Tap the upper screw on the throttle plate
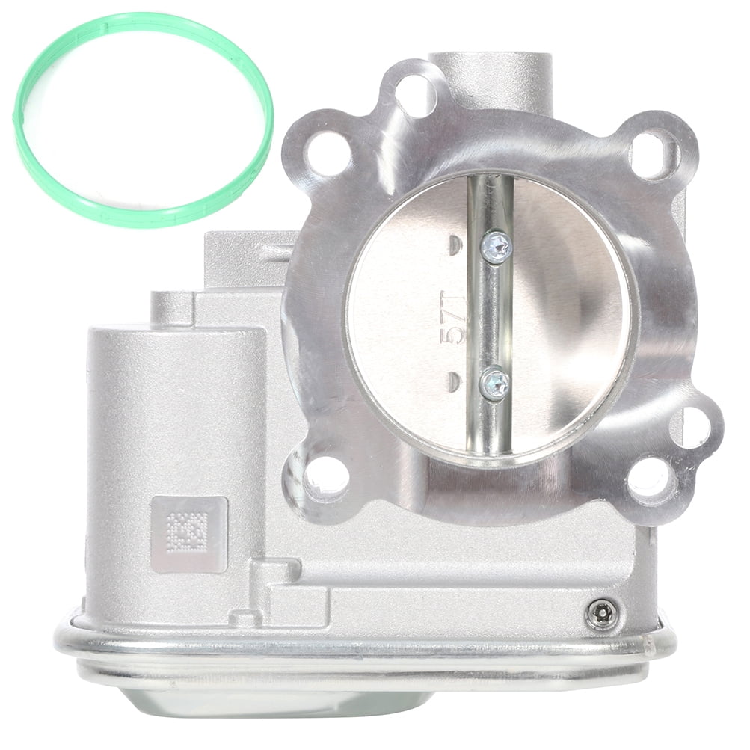(x=496, y=246)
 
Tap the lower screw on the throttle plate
(x=494, y=384)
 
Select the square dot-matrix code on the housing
(x=188, y=533)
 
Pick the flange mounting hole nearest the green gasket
(x=328, y=154)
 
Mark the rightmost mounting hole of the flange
(x=690, y=427)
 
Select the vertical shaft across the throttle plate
(x=490, y=314)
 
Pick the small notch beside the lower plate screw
(x=454, y=380)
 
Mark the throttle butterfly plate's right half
(x=568, y=314)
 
